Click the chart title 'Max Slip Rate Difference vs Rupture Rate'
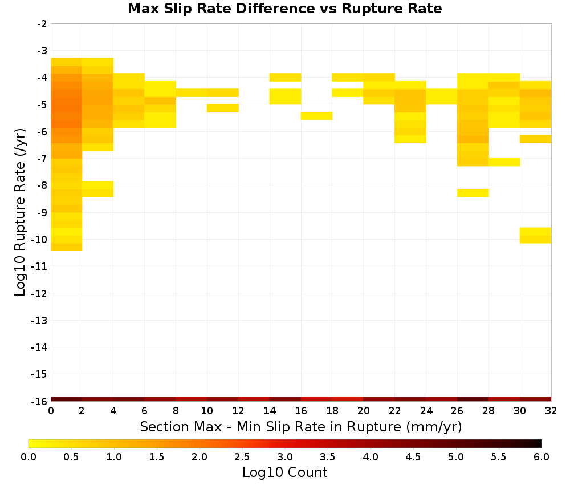284,9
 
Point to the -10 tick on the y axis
39,240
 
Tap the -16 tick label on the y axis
39,401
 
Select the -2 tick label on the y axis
42,24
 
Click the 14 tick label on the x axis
270,411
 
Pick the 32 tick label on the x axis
551,411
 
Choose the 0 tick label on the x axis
51,411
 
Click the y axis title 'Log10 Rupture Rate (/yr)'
20,212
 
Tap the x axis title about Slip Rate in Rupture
301,427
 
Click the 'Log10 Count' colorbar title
284,472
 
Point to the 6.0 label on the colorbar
541,457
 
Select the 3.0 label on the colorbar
285,457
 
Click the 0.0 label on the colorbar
28,457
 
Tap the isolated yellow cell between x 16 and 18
316,116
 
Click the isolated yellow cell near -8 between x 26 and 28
473,193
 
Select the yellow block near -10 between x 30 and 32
535,236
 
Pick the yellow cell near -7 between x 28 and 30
504,162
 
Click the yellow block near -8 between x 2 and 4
98,189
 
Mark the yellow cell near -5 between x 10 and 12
223,108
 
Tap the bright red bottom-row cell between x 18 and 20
348,399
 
